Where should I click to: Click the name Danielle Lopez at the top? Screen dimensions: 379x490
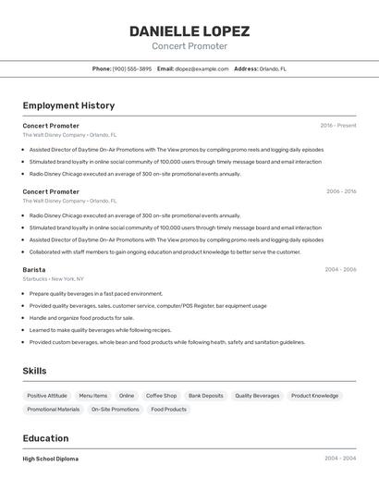tap(189, 31)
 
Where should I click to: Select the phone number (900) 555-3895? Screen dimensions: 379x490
tap(132, 68)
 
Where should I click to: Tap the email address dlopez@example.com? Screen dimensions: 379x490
tap(202, 68)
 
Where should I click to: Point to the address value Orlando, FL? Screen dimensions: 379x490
tap(273, 68)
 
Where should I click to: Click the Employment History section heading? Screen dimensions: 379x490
tap(68, 105)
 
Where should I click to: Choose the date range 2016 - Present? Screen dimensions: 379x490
tap(338, 125)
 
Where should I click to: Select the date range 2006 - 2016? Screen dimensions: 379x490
tap(341, 191)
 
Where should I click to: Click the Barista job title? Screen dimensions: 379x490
tap(34, 269)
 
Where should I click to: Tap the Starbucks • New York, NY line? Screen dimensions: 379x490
tap(54, 278)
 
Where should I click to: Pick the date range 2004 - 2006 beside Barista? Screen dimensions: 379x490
tap(340, 269)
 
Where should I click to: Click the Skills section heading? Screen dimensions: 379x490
tap(34, 371)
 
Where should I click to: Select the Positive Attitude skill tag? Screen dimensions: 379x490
tap(47, 396)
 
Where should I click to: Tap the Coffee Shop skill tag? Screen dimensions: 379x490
tap(161, 396)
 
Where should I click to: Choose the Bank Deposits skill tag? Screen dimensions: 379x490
tap(205, 396)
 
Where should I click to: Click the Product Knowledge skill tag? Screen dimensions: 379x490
tap(314, 396)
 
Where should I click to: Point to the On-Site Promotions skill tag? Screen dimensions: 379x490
tap(115, 409)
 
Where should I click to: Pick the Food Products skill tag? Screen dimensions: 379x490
tap(168, 409)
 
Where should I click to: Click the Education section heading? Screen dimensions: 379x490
tap(45, 438)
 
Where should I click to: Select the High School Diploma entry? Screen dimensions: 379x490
tap(51, 459)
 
